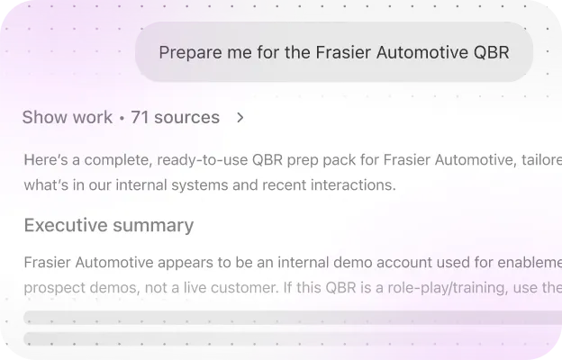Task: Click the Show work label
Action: [68, 117]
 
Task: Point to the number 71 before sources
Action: [140, 117]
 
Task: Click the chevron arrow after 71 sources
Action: [240, 117]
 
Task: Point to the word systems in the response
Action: [219, 186]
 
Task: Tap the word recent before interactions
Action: [290, 186]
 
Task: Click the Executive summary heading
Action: [109, 225]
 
